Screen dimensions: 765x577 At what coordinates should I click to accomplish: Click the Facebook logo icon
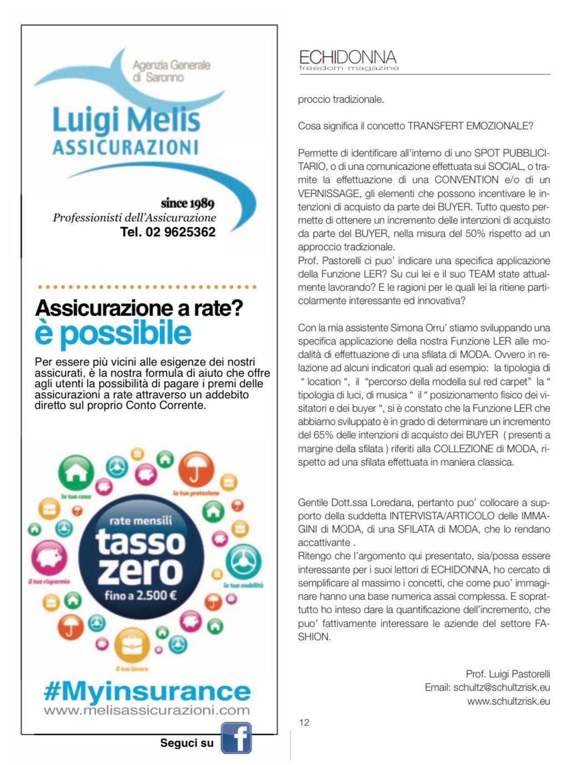[x=236, y=738]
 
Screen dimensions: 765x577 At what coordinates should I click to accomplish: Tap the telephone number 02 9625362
[x=168, y=232]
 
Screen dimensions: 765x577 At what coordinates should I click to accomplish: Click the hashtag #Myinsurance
[x=147, y=692]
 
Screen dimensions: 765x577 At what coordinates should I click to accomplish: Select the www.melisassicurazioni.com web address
[x=147, y=710]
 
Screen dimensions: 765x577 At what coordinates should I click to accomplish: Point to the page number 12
[x=304, y=722]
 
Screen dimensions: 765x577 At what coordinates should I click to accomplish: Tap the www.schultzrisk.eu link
[x=508, y=701]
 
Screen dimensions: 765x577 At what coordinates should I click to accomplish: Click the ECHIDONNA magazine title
[x=348, y=57]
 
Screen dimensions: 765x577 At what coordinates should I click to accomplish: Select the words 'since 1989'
[x=187, y=203]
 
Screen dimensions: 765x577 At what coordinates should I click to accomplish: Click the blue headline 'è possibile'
[x=113, y=333]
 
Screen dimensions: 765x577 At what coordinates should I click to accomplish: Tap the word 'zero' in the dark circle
[x=140, y=571]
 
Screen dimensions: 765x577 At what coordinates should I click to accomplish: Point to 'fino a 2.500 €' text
[x=140, y=597]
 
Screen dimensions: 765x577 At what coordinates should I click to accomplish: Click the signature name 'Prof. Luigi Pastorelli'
[x=508, y=674]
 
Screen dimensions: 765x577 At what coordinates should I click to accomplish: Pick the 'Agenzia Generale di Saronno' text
[x=171, y=71]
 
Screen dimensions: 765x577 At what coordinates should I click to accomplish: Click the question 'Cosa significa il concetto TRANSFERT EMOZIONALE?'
[x=415, y=126]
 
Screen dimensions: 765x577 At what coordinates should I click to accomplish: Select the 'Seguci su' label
[x=187, y=743]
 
